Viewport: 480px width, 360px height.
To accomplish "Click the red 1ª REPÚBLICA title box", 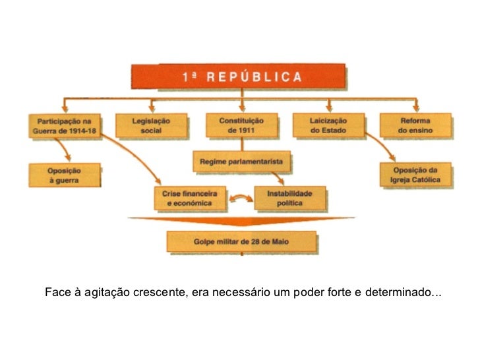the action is pyautogui.click(x=238, y=76).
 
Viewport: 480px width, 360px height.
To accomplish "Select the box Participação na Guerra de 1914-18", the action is pyautogui.click(x=65, y=125).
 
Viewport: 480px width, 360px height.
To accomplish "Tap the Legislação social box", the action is pyautogui.click(x=152, y=125).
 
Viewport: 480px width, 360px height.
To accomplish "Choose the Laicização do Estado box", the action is pyautogui.click(x=328, y=125).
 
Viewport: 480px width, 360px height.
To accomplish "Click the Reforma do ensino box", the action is pyautogui.click(x=415, y=125).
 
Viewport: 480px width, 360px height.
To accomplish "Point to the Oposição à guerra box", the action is pyautogui.click(x=65, y=174).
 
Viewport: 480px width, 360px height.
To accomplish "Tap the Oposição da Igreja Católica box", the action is pyautogui.click(x=418, y=174).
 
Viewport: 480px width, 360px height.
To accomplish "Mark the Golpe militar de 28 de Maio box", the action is pyautogui.click(x=241, y=242).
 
